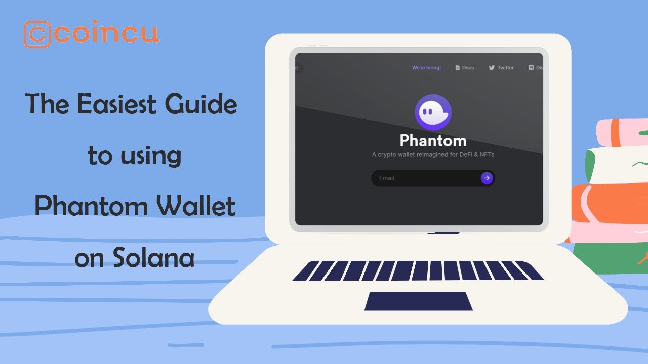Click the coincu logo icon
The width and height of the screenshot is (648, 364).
click(x=37, y=34)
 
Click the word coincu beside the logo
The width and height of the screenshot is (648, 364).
click(x=107, y=34)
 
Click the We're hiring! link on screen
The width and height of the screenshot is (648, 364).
click(x=426, y=68)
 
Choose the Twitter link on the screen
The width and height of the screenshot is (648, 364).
click(x=505, y=68)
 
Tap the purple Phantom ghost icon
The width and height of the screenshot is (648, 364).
click(x=433, y=112)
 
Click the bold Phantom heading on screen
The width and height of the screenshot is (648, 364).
click(x=433, y=141)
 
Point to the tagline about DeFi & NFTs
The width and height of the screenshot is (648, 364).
click(x=433, y=154)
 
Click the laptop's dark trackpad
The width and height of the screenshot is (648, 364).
click(x=418, y=301)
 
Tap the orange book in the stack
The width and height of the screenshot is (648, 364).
click(x=607, y=203)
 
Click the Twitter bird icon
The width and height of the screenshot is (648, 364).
click(x=492, y=68)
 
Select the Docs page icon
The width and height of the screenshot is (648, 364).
click(x=458, y=68)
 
